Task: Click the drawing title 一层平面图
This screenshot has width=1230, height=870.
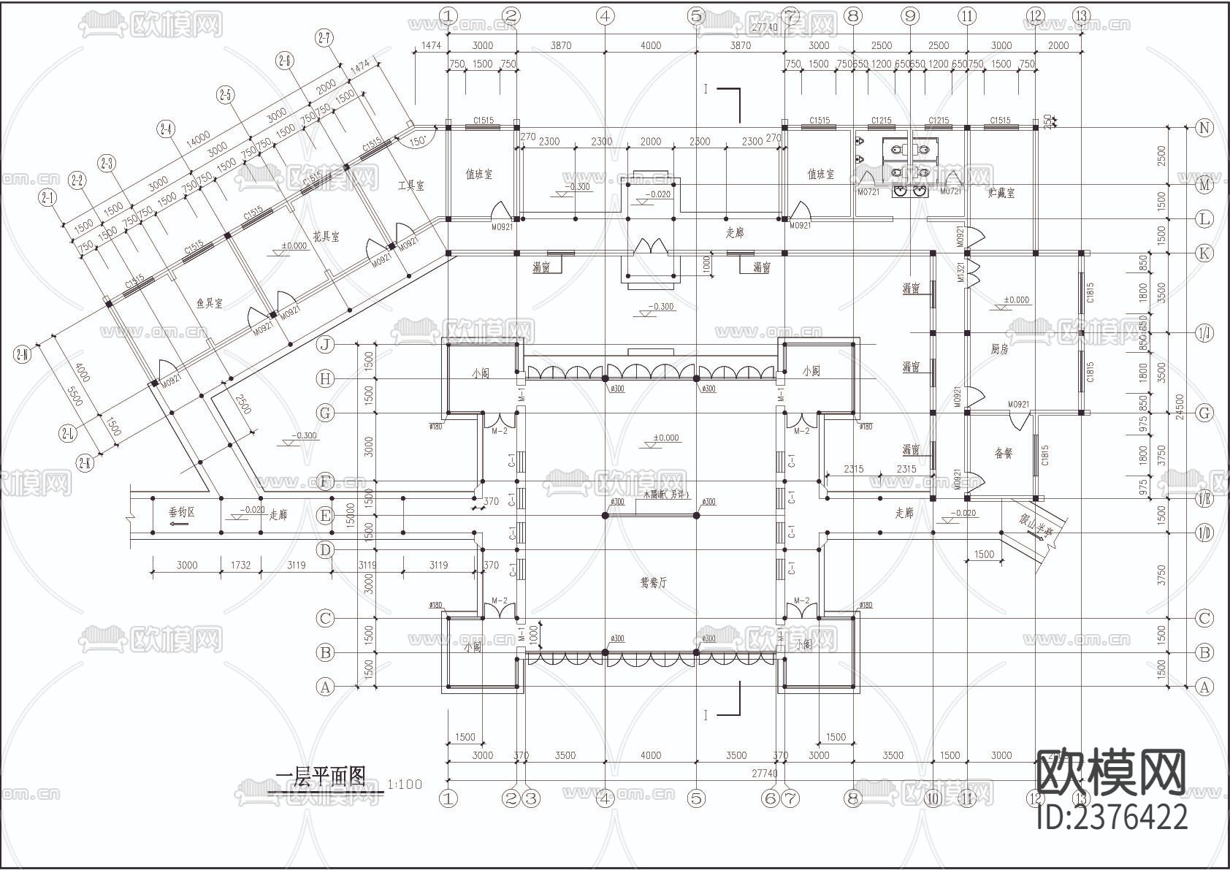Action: tap(320, 776)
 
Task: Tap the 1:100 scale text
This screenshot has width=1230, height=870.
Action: tap(405, 785)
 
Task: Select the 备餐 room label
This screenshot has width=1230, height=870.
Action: tap(1004, 454)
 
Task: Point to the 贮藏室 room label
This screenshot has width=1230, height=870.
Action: tap(1001, 194)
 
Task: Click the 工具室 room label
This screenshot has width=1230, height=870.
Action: tap(410, 186)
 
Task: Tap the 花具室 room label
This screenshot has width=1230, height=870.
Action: tap(326, 237)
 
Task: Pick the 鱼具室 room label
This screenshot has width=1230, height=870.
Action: tap(210, 303)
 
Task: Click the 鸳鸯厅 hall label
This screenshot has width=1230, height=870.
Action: tap(653, 583)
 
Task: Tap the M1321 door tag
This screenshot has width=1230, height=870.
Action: tap(961, 271)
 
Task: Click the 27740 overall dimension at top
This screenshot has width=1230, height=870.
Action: tap(763, 26)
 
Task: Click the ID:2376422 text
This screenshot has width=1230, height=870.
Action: tap(1112, 817)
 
